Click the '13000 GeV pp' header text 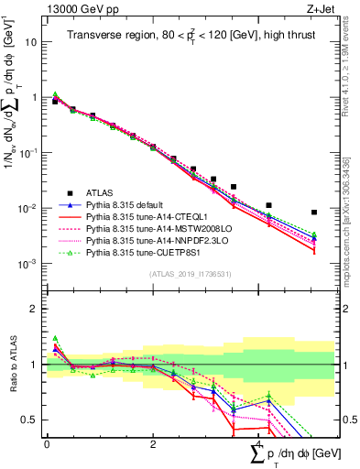(80, 8)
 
